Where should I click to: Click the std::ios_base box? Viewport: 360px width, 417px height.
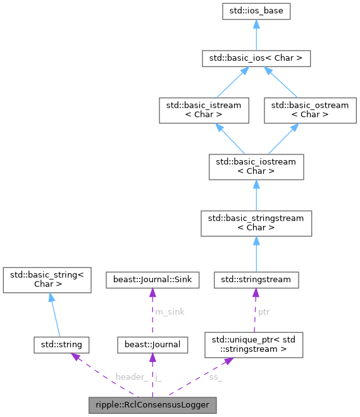256,11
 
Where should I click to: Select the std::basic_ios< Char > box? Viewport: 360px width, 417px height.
256,58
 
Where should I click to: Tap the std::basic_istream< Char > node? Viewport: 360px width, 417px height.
199,110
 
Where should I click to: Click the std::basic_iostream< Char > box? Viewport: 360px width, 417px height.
256,166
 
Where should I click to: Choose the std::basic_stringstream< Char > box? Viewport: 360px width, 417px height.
256,223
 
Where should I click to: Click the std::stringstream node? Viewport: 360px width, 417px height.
256,278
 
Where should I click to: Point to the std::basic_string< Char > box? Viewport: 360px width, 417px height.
48,279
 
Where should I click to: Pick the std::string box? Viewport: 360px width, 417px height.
61,344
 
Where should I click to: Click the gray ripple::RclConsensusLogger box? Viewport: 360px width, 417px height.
152,404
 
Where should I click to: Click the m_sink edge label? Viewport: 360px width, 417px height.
169,311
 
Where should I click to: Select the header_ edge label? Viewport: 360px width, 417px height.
132,377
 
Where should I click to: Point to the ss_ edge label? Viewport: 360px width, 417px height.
215,377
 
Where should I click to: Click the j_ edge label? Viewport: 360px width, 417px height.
159,377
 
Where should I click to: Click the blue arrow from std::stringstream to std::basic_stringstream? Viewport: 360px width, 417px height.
256,254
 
